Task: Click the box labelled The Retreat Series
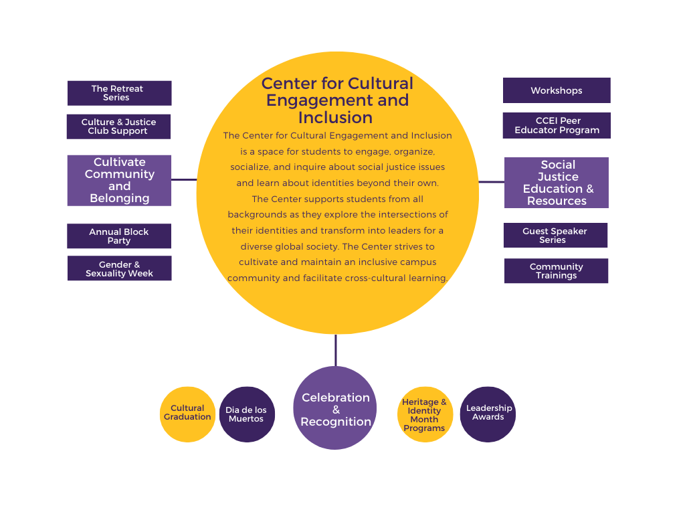(x=119, y=93)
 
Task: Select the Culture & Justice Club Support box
(x=118, y=126)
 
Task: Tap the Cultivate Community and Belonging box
(x=119, y=180)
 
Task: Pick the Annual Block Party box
(x=119, y=236)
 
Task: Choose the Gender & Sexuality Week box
(x=119, y=268)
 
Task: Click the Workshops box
(x=557, y=90)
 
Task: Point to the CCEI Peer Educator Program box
(x=557, y=126)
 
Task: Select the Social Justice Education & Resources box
(x=557, y=183)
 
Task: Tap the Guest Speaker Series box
(x=555, y=236)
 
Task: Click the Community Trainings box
(x=556, y=271)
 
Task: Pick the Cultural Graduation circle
(x=187, y=414)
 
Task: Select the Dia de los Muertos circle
(x=247, y=414)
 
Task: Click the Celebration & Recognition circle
(x=335, y=408)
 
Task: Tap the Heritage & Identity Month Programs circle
(x=425, y=415)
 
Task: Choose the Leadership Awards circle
(x=488, y=414)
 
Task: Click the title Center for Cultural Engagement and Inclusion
(x=337, y=101)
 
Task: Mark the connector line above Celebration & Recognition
(x=336, y=350)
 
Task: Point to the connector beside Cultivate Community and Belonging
(x=184, y=179)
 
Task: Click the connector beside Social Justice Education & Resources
(x=492, y=181)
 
